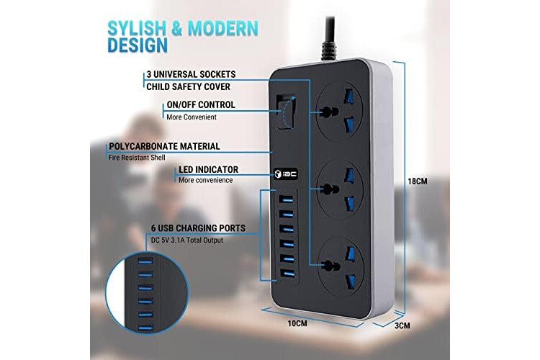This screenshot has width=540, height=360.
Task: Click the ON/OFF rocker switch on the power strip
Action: pos(287,112)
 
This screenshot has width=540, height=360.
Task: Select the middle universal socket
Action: pos(340,189)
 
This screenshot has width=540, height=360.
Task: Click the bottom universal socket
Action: pos(341,266)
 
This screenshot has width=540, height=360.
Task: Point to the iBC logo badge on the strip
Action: pos(286,174)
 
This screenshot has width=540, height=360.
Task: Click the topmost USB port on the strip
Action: pos(286,199)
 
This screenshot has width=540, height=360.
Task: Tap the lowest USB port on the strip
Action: pos(287,274)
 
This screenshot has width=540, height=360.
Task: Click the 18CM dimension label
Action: pos(418,181)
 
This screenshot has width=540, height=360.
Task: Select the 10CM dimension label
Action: pos(297,323)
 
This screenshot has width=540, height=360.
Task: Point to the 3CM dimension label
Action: pos(402,325)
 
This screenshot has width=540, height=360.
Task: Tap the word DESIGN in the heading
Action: pos(138,45)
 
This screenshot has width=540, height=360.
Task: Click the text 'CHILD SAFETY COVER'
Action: pos(189,86)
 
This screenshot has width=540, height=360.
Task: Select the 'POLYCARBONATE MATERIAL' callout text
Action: pos(164,146)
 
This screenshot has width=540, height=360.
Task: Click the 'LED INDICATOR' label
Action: pos(208,169)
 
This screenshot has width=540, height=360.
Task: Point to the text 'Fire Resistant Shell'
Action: pos(137,158)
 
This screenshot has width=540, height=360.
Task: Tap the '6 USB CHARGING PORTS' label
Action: pos(199,228)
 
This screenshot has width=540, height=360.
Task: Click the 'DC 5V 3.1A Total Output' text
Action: pos(187,240)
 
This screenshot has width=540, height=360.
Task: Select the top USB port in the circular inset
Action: pos(145,261)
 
